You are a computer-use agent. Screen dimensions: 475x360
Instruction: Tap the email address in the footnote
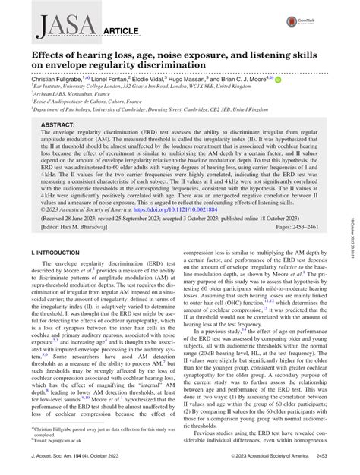57,442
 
